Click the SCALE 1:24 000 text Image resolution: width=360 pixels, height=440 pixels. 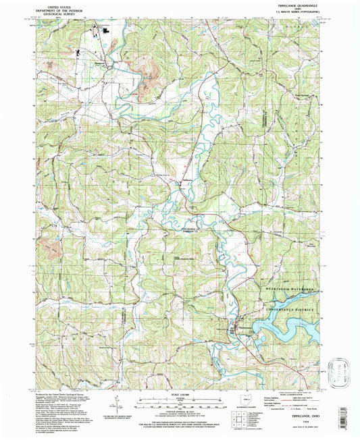point(179,394)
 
